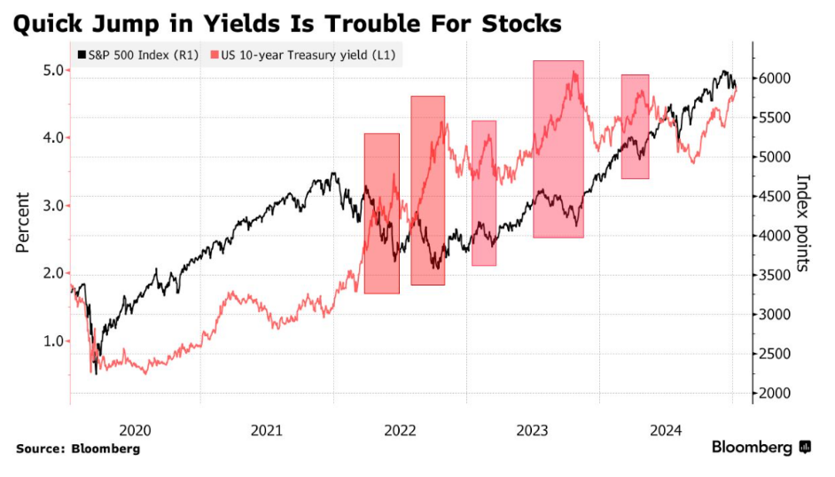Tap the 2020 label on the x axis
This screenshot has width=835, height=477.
tap(135, 430)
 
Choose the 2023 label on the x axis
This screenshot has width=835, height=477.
tap(534, 430)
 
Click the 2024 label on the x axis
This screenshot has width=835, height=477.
tap(666, 430)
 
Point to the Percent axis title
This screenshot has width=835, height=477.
tap(23, 223)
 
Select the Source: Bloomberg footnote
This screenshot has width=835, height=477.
tap(78, 449)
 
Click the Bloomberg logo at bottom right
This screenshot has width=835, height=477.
tap(761, 448)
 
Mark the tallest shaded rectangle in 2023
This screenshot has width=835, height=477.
tap(558, 149)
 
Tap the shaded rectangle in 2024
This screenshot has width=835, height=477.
tap(635, 127)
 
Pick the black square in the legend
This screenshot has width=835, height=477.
tap(82, 56)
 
